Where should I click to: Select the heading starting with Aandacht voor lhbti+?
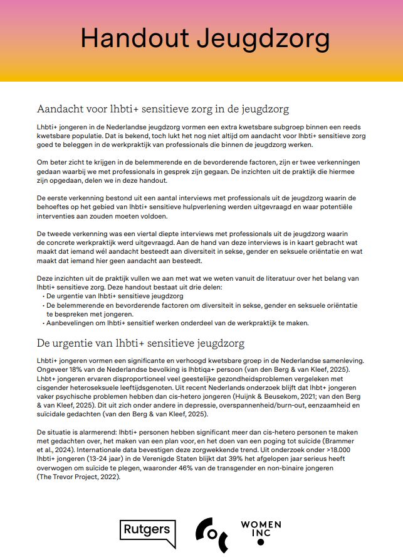click(163, 109)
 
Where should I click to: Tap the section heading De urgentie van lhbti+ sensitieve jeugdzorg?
click(140, 343)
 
